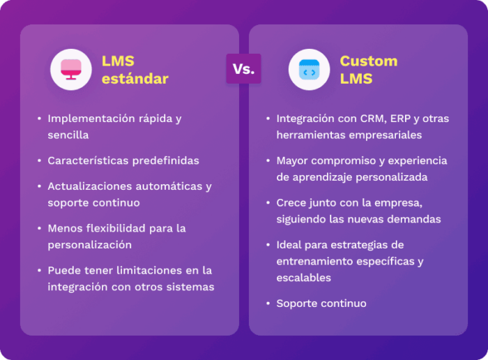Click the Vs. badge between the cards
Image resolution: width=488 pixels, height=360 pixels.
244,69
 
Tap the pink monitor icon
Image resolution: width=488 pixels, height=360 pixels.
71,70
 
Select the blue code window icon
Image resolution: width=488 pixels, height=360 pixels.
309,70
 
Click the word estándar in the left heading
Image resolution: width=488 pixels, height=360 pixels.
135,78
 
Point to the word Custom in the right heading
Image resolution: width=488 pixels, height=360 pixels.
369,61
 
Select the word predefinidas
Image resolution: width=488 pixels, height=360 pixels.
166,160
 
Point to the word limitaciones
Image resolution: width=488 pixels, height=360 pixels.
149,270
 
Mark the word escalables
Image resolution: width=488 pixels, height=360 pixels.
303,278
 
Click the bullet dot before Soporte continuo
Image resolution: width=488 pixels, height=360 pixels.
268,303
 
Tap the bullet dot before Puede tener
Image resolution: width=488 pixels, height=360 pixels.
39,270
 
